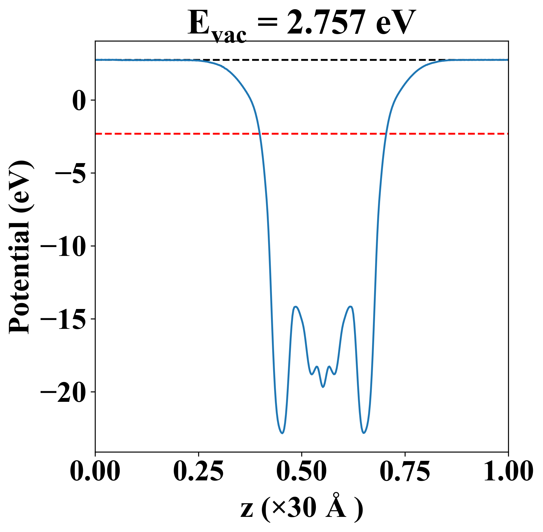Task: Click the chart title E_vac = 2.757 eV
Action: point(302,24)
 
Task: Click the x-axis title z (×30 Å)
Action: point(302,509)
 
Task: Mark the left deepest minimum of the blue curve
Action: point(282,433)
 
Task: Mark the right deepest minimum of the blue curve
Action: point(364,433)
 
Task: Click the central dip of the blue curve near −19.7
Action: point(323,387)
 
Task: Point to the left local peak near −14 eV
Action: point(295,307)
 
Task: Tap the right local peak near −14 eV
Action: point(350,307)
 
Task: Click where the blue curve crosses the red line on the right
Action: point(386,134)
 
